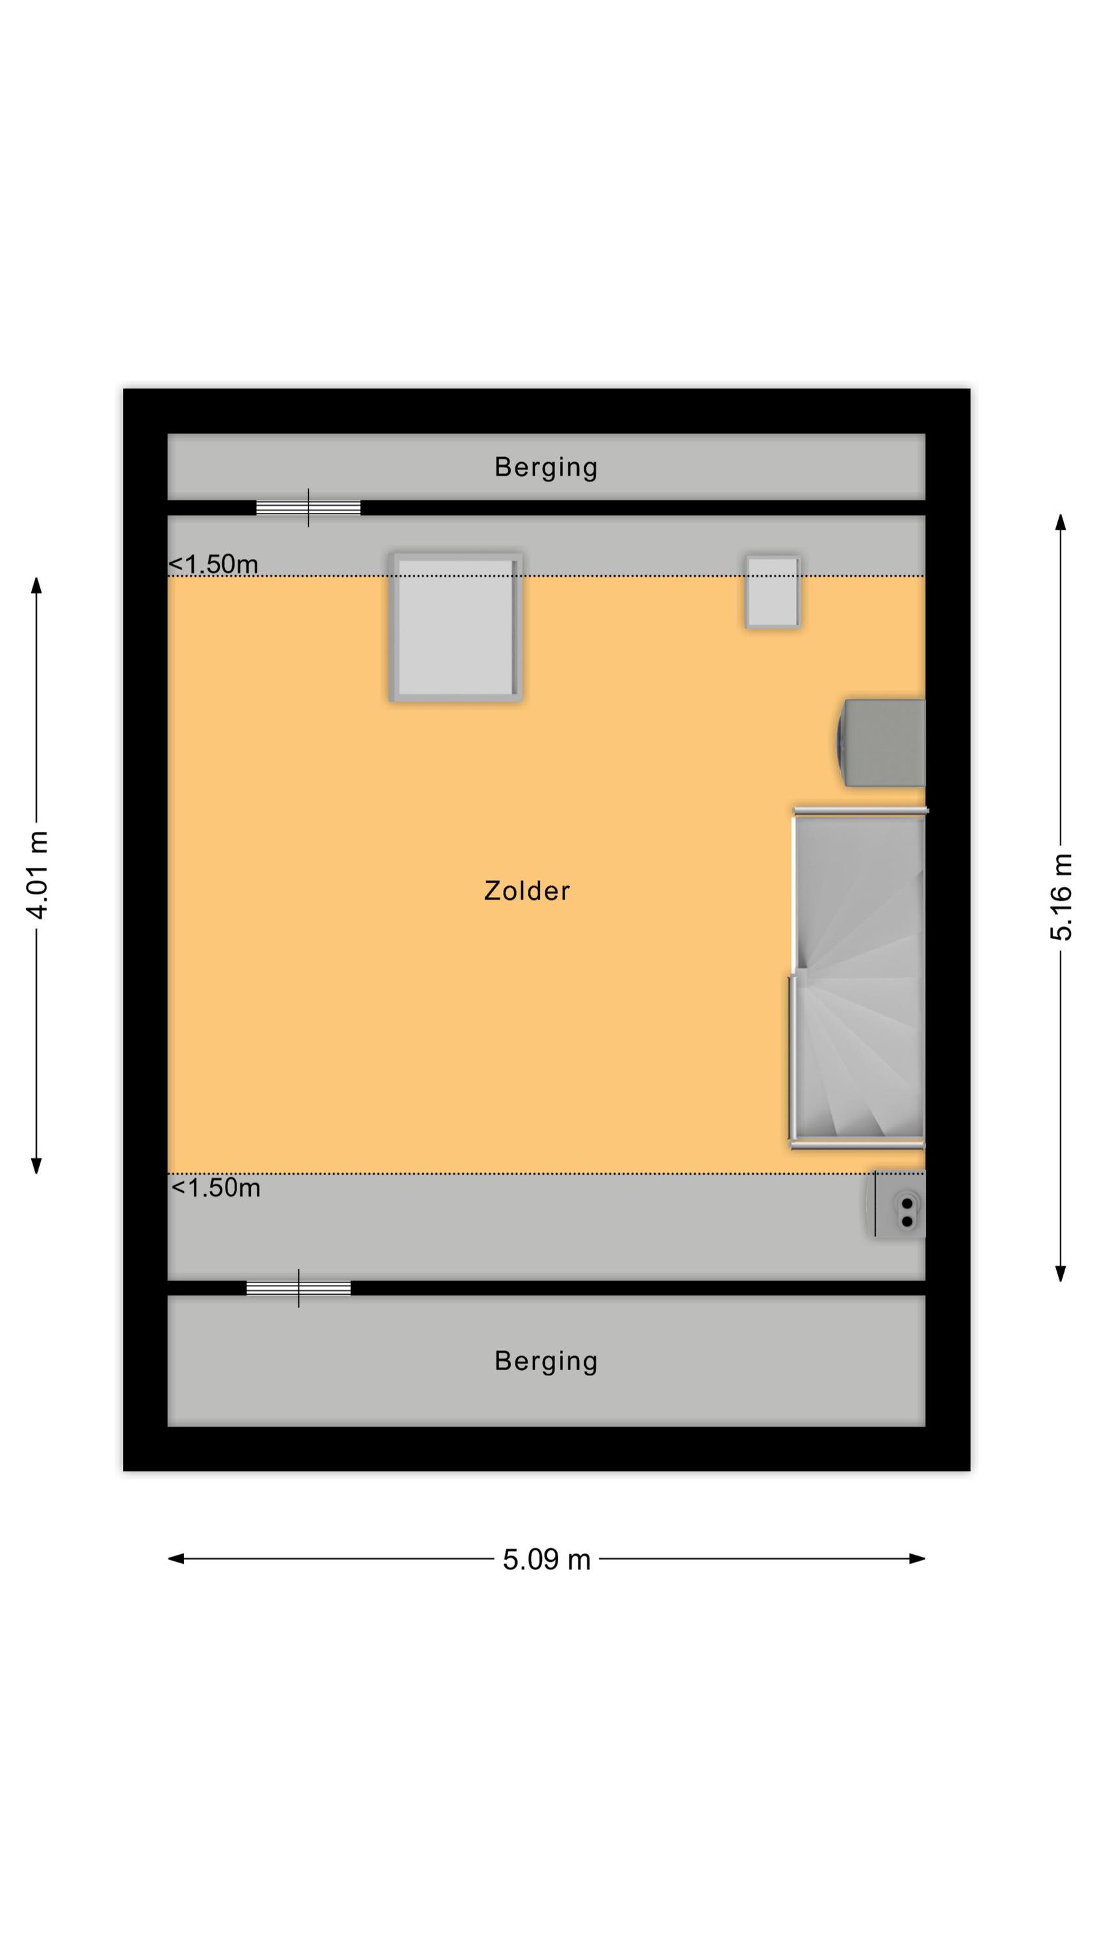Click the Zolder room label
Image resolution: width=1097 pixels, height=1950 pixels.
click(x=526, y=890)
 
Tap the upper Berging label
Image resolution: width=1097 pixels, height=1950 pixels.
click(x=546, y=467)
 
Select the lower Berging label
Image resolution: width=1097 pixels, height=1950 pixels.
click(x=546, y=1361)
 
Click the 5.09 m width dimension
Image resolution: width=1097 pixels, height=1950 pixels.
click(x=547, y=1559)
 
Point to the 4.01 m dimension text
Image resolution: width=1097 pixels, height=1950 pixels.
click(x=37, y=875)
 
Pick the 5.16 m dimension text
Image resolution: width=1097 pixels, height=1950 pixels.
click(x=1061, y=897)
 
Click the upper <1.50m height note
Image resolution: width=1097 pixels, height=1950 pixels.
click(x=214, y=564)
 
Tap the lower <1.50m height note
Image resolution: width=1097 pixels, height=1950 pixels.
click(x=216, y=1188)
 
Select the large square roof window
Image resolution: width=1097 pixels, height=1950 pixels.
click(x=456, y=627)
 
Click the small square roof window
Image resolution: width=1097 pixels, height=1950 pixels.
click(x=773, y=592)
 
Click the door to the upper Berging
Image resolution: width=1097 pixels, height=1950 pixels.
click(x=308, y=508)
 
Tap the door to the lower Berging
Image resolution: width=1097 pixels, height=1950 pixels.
click(x=298, y=1288)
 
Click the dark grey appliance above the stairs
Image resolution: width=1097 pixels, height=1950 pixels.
click(x=881, y=742)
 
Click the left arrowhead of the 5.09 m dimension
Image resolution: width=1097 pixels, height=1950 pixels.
click(x=175, y=1559)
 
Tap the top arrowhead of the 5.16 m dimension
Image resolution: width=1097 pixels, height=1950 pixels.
click(x=1061, y=523)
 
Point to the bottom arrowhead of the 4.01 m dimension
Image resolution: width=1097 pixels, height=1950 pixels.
click(x=36, y=1165)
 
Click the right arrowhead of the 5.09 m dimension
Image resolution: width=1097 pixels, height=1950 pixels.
click(x=918, y=1559)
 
